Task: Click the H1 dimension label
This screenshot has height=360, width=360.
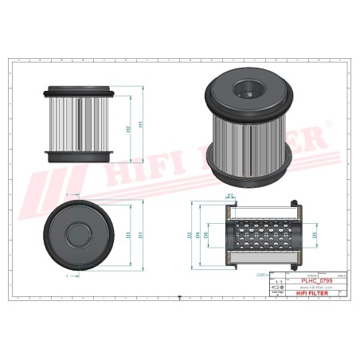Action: [x=141, y=124]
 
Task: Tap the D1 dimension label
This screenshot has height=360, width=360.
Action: [x=141, y=235]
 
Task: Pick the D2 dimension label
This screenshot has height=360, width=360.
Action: [x=190, y=235]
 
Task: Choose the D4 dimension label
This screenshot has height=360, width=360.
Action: [x=199, y=235]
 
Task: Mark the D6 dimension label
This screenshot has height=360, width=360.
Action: [x=209, y=235]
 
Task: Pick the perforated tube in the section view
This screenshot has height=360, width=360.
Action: [x=263, y=235]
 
